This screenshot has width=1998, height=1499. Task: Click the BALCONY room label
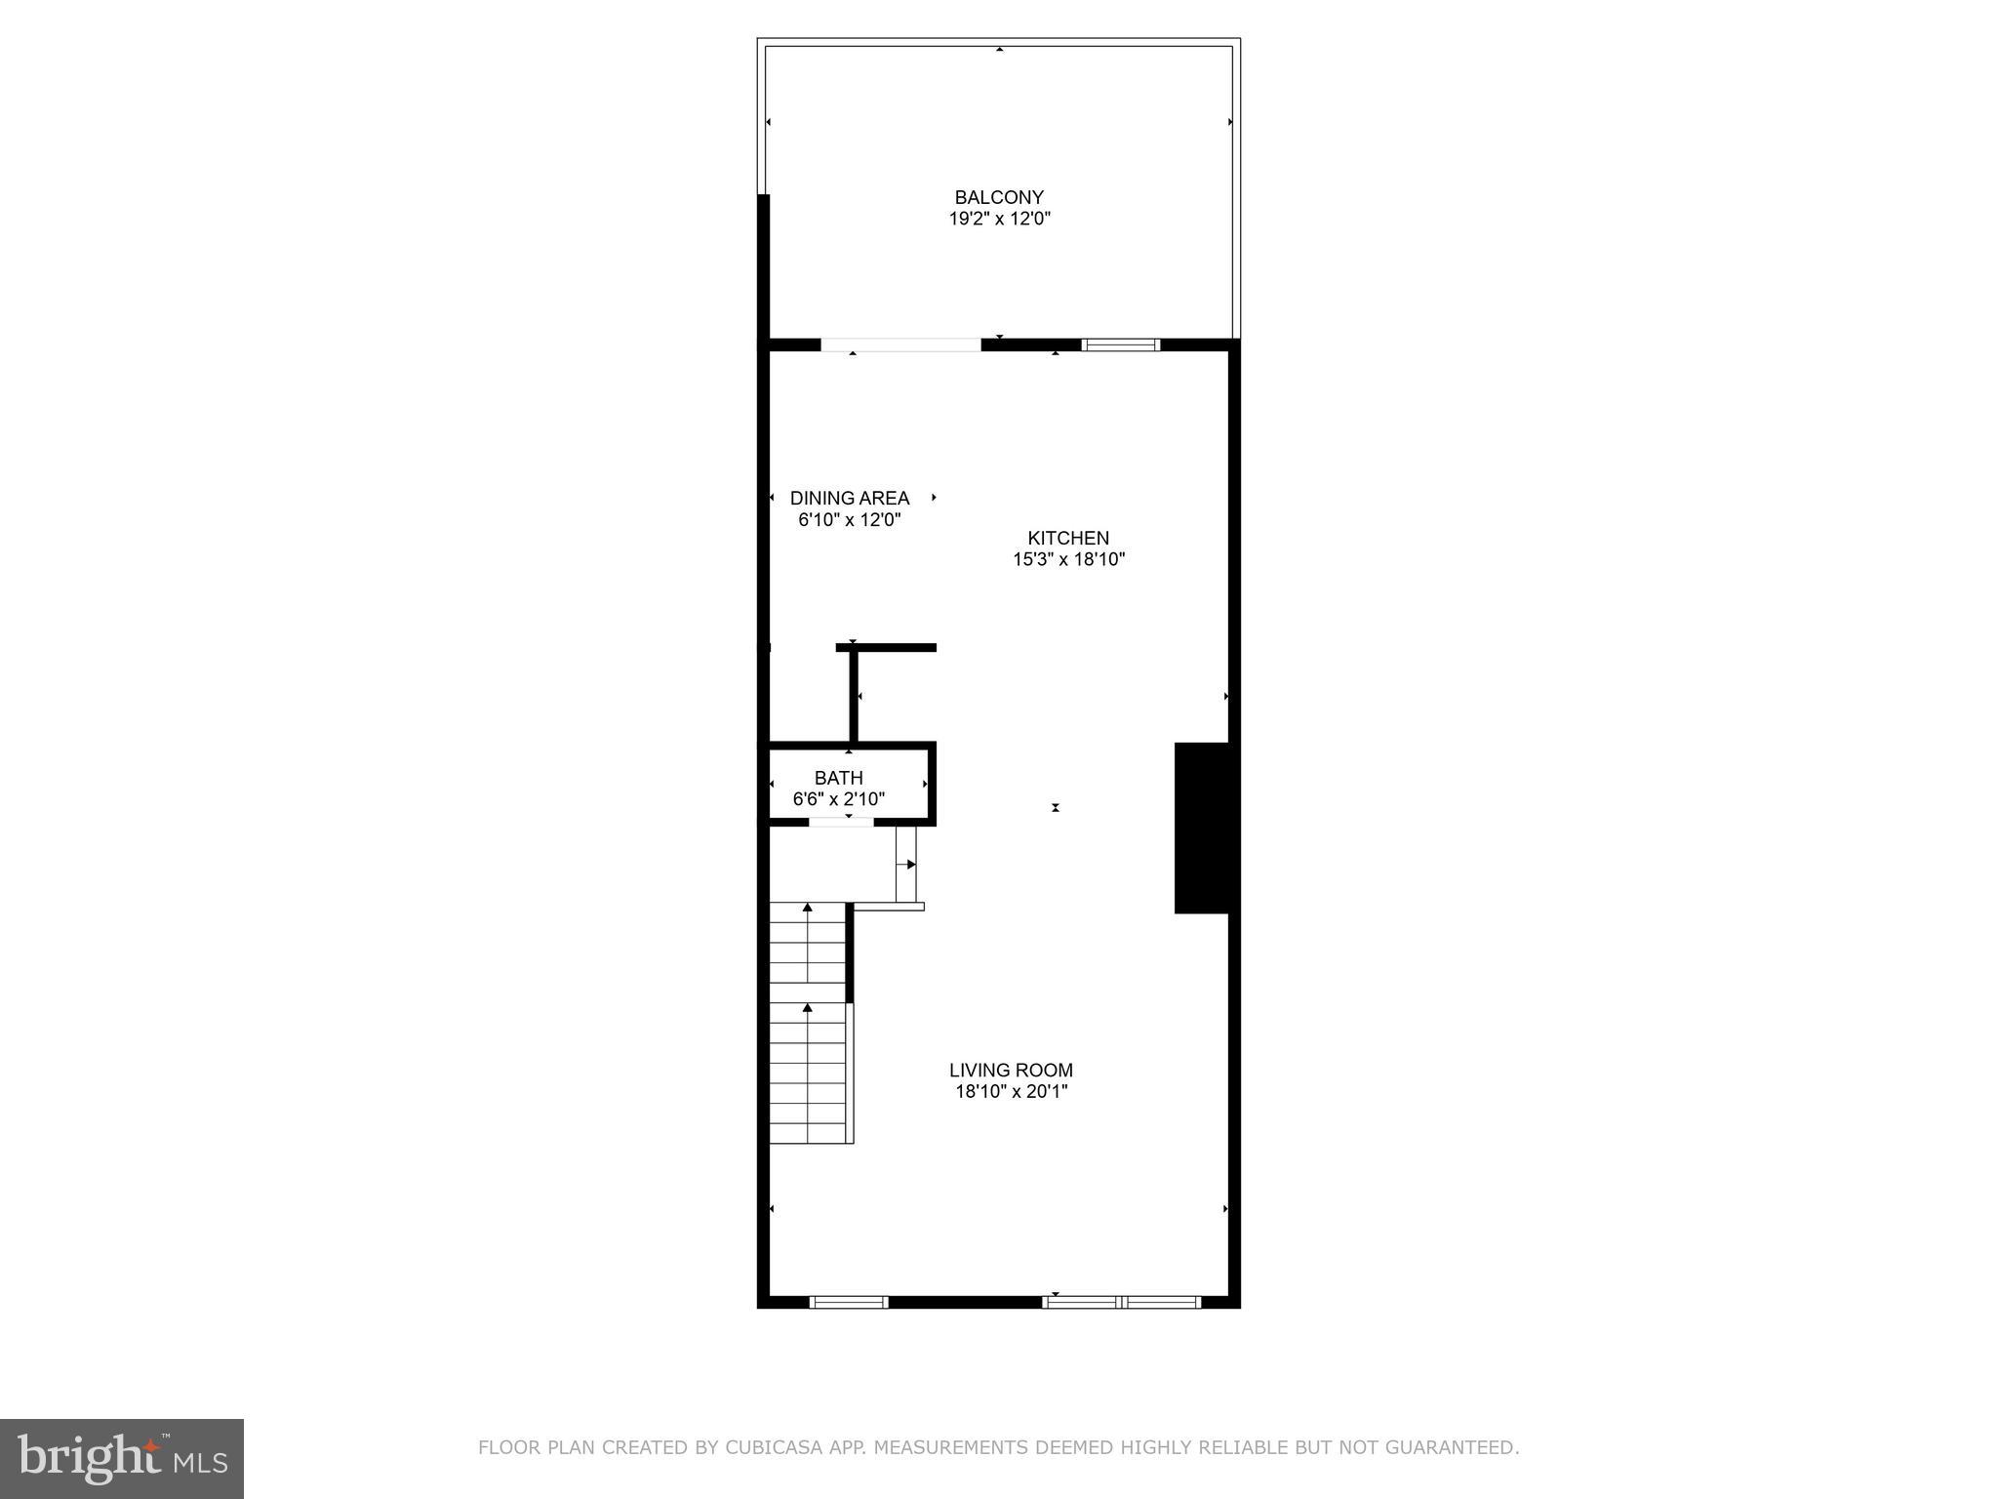[999, 197]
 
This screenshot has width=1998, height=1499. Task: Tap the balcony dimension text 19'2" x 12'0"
[999, 219]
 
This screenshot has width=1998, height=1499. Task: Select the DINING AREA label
[849, 498]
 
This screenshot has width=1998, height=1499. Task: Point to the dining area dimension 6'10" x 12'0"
[849, 519]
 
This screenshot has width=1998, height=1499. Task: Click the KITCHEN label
[1068, 538]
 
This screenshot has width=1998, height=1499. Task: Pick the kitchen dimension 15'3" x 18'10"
[1068, 559]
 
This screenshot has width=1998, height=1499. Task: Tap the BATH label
[839, 778]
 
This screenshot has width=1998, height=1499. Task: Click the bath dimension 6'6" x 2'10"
[839, 799]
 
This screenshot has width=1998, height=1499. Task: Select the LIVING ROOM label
[1011, 1070]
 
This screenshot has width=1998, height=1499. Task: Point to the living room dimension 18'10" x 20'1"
[1011, 1091]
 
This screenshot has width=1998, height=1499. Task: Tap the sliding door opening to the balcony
[900, 344]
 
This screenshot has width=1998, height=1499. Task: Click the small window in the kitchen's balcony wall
[1121, 344]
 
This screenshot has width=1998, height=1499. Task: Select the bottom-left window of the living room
[849, 1302]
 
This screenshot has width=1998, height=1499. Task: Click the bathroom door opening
[841, 822]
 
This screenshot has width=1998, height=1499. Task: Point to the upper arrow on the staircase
[808, 909]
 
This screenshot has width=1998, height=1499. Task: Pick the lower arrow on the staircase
[808, 1007]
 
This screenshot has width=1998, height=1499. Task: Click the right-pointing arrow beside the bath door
[910, 864]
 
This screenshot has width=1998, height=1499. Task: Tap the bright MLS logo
[122, 1458]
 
